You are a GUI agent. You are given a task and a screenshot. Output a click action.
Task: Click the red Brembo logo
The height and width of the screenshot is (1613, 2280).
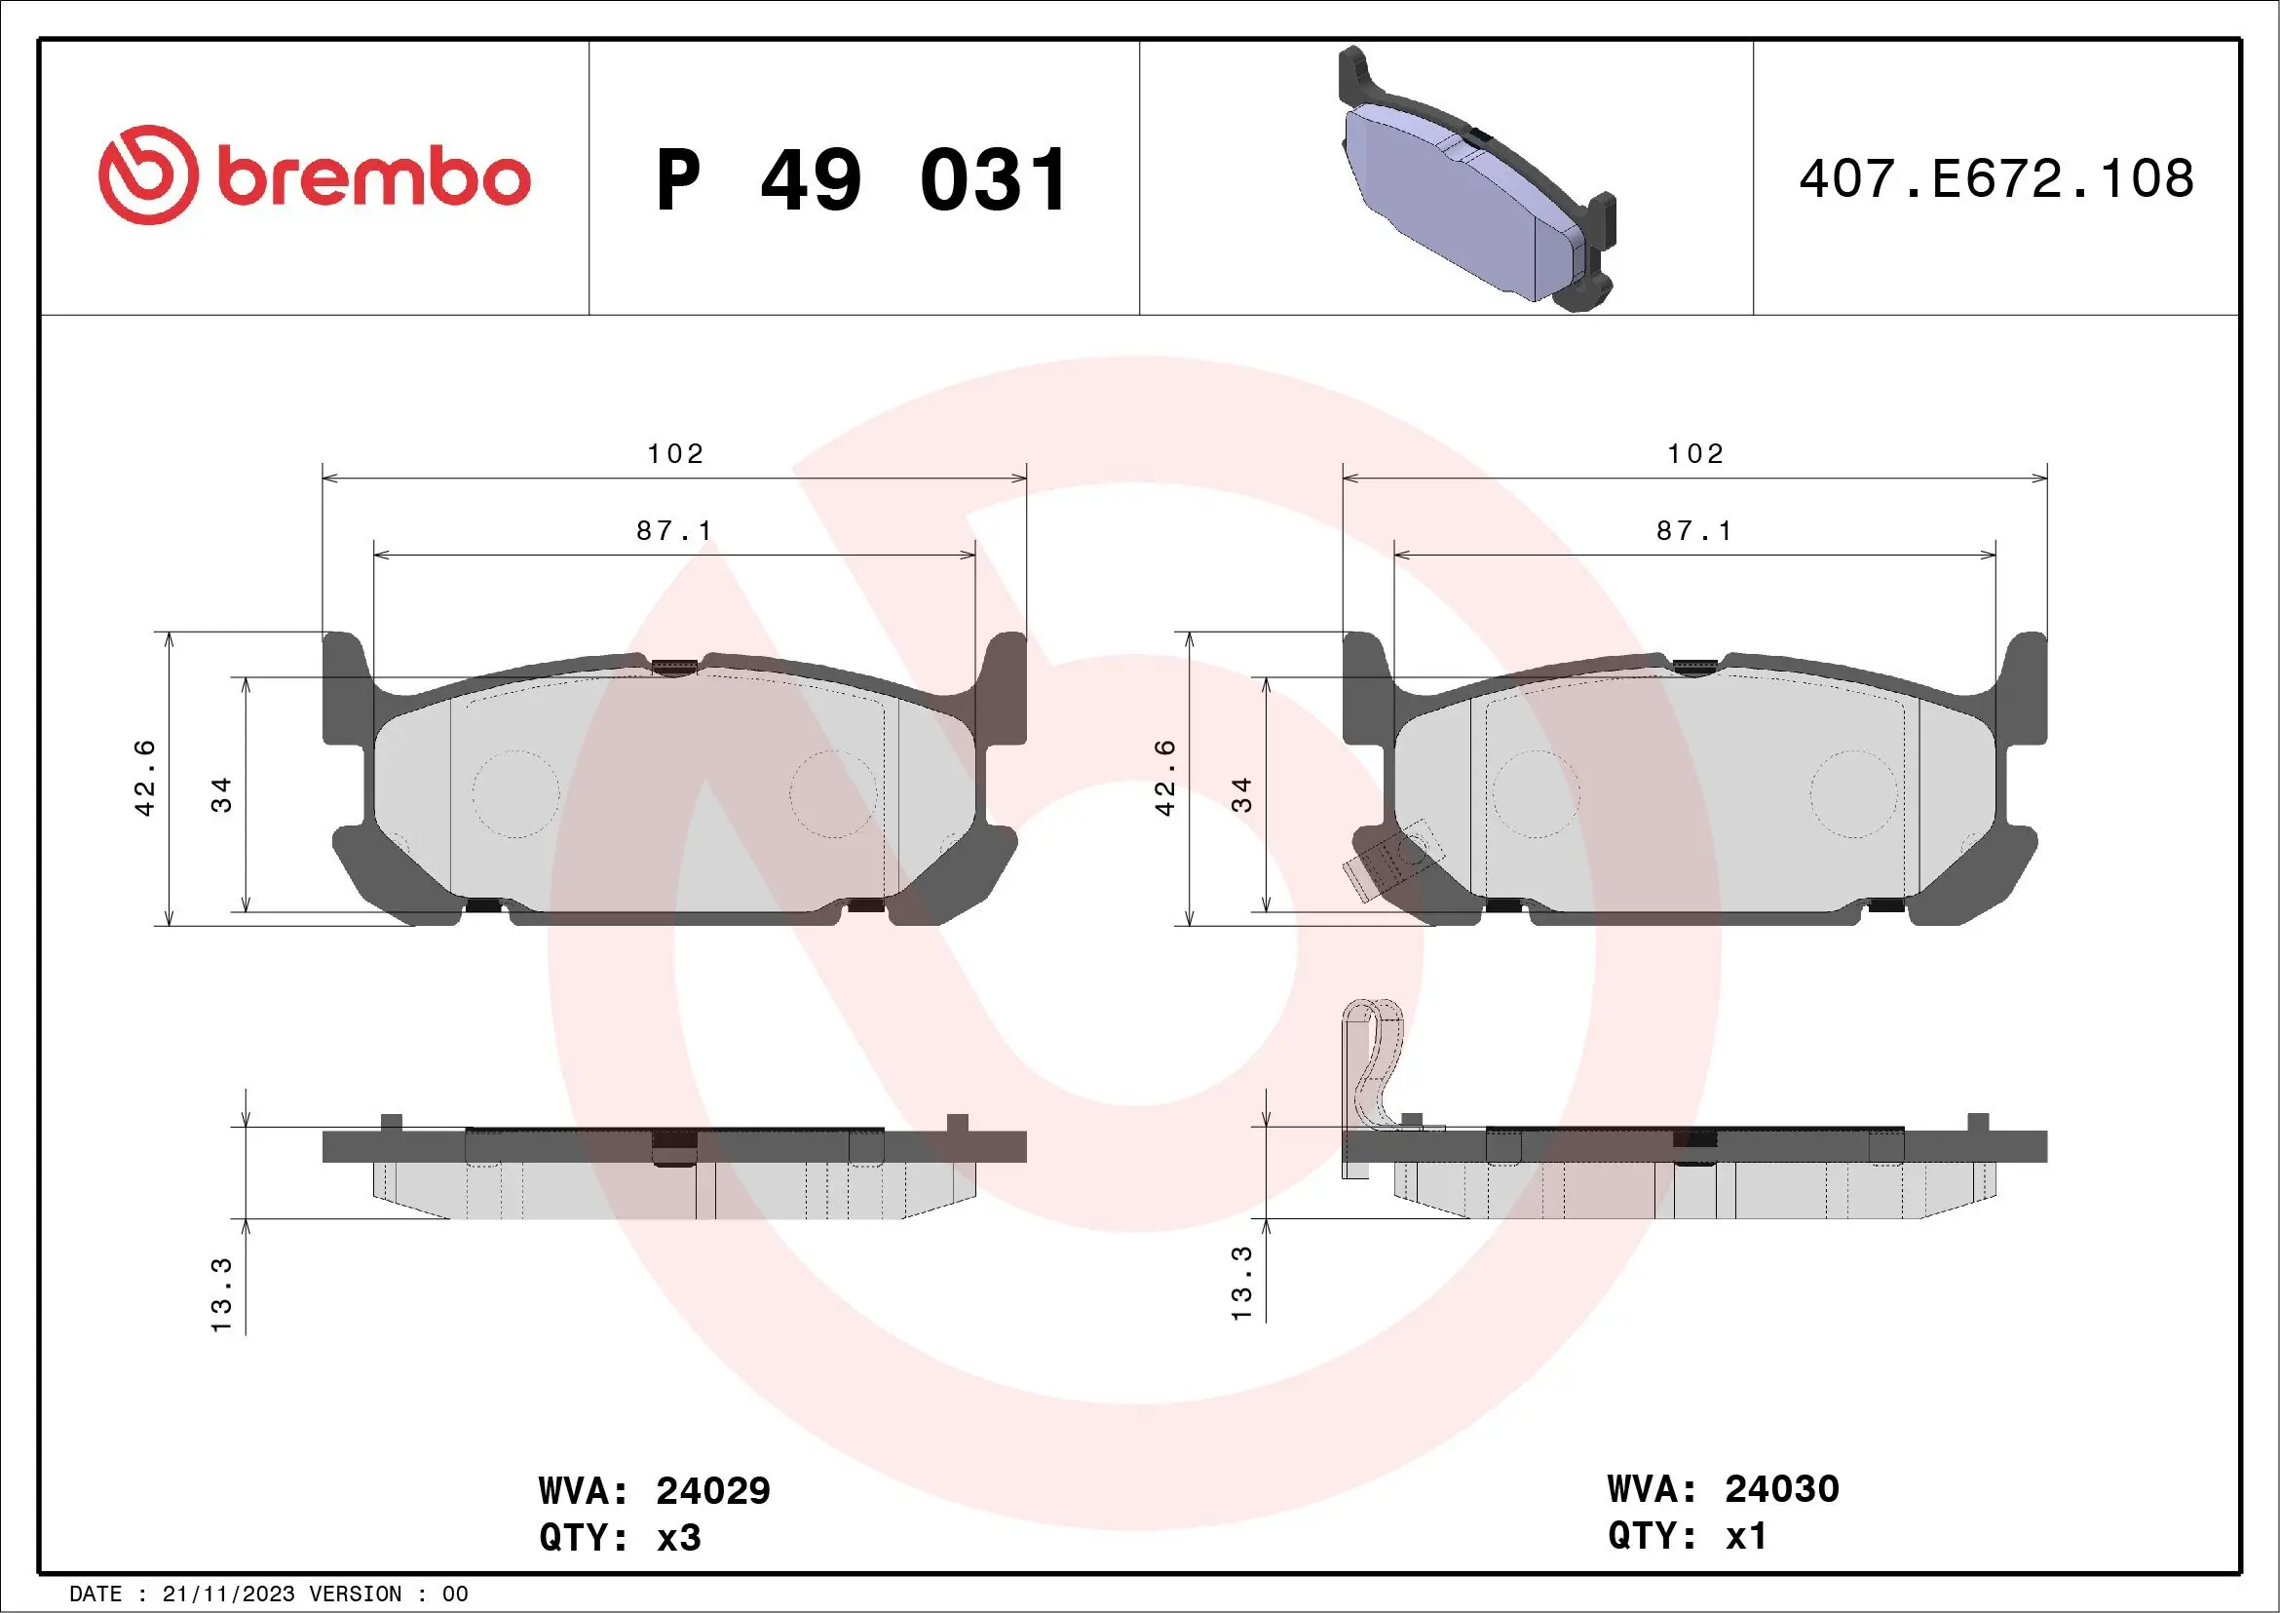[314, 175]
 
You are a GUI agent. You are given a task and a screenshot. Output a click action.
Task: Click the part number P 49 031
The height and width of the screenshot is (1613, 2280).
[862, 180]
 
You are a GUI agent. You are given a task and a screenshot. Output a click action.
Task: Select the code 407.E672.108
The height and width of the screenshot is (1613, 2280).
[1996, 178]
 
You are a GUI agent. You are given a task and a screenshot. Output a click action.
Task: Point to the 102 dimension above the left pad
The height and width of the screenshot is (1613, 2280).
[675, 454]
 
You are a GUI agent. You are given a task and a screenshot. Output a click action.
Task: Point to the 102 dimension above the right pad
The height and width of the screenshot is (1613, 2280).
[1695, 454]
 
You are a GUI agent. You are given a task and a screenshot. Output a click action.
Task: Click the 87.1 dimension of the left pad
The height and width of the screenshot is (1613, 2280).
[674, 531]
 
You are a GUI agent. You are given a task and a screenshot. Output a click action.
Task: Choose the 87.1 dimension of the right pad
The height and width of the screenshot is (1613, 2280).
[1694, 531]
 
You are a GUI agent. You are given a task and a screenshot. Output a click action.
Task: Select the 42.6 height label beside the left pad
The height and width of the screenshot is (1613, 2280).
[145, 778]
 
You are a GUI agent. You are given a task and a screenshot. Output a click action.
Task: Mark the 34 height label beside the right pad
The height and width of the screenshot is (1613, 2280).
[1241, 794]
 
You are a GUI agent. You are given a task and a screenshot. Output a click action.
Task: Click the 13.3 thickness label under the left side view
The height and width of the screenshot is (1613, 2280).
[221, 1294]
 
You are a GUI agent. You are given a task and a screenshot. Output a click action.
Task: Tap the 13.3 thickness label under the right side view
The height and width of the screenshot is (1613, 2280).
[1241, 1284]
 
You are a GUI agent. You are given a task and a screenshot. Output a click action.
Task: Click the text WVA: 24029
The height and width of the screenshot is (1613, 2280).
[654, 1490]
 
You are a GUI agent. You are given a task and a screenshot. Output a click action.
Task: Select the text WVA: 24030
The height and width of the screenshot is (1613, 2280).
[1723, 1488]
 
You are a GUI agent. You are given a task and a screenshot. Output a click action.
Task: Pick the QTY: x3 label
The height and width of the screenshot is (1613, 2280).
[620, 1538]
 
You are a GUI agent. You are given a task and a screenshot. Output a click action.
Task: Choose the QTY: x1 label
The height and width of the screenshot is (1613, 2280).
[1688, 1536]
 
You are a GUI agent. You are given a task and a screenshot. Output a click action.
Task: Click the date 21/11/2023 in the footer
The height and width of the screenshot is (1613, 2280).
[228, 1594]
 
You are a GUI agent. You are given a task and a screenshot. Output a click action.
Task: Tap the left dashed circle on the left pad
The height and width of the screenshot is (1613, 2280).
[515, 793]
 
